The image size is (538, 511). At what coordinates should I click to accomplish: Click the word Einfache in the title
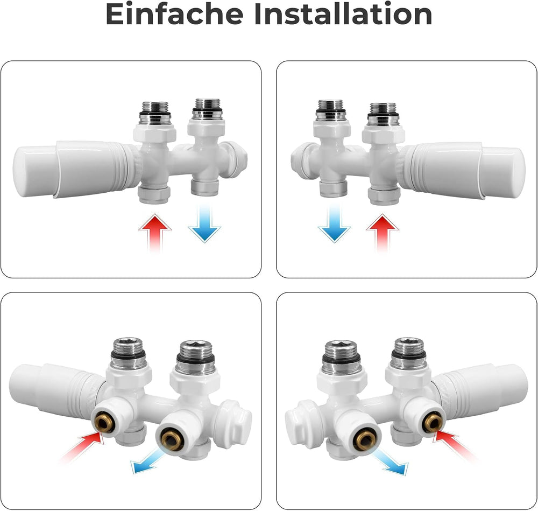pyautogui.click(x=174, y=14)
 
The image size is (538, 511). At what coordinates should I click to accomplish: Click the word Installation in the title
pyautogui.click(x=343, y=14)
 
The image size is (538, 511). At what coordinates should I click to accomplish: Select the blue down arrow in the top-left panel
pyautogui.click(x=204, y=223)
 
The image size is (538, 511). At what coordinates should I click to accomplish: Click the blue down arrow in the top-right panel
pyautogui.click(x=334, y=223)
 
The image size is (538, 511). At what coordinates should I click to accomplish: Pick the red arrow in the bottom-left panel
pyautogui.click(x=82, y=447)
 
